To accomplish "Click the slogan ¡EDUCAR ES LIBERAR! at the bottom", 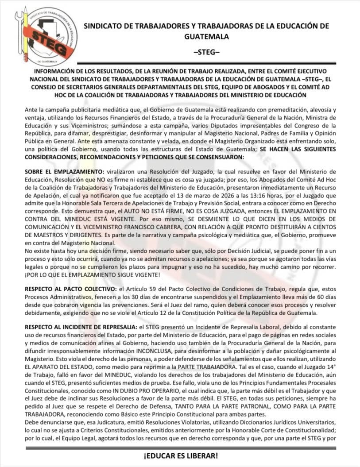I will (x=180, y=456).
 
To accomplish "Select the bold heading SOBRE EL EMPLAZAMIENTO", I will (x=61, y=170).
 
